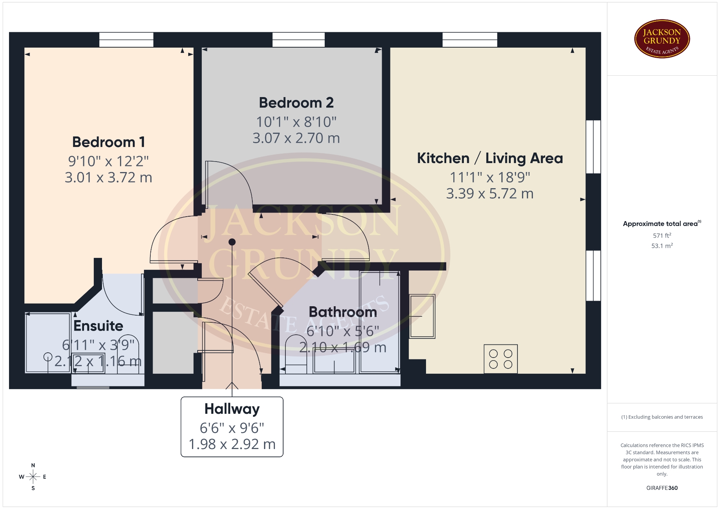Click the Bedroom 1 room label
point(108,142)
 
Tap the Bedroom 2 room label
point(296,103)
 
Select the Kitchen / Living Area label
point(490,158)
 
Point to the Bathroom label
point(343,312)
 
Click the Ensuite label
point(98,326)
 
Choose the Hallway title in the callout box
point(232,409)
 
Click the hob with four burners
point(501,359)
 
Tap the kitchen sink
point(422,316)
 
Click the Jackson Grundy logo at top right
point(662,39)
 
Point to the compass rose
point(33,477)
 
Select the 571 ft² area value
point(662,235)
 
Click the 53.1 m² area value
point(662,246)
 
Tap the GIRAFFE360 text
point(662,488)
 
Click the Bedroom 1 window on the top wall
point(126,40)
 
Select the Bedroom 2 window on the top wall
point(298,40)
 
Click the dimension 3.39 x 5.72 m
point(490,194)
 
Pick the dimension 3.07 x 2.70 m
point(296,138)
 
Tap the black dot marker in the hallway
point(232,242)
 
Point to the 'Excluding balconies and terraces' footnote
point(662,417)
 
